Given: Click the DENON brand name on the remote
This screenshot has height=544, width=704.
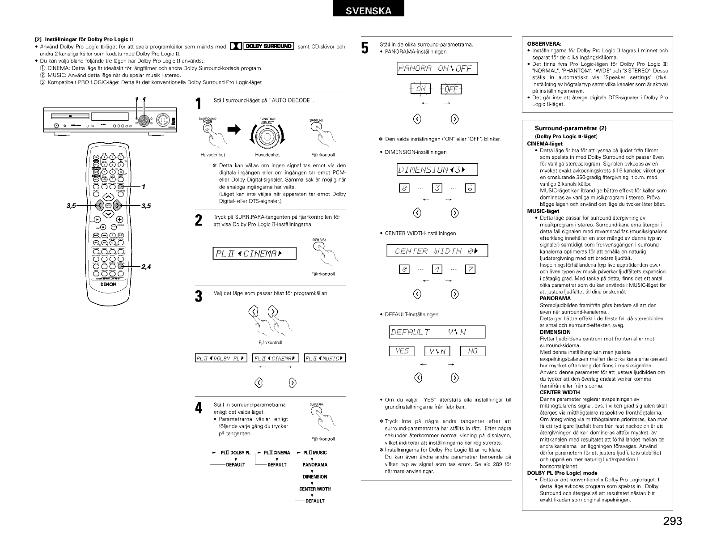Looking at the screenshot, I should tap(108, 284).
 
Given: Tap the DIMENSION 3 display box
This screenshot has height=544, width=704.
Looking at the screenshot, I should tap(437, 170).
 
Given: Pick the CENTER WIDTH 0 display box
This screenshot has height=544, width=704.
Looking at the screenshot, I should tap(437, 251).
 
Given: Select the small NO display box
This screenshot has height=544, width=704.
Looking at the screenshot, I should tap(473, 351).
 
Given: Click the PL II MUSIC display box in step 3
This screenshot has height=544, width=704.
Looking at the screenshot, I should tap(325, 358).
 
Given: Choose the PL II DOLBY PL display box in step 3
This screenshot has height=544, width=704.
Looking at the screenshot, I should tap(221, 358).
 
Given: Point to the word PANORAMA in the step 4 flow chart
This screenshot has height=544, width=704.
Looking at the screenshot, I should tap(315, 465).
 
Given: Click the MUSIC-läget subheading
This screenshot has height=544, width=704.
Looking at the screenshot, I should tap(543, 211).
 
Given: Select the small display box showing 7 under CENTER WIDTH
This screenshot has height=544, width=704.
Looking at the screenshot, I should tap(470, 269).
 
